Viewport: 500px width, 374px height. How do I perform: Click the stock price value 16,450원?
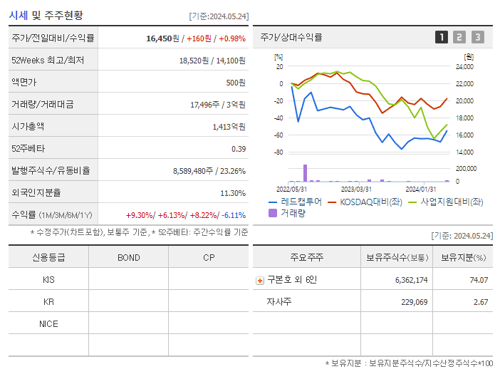click(x=157, y=38)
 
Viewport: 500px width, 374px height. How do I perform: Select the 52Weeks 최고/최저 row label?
click(x=48, y=61)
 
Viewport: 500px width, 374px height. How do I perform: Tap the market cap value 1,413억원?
click(x=229, y=127)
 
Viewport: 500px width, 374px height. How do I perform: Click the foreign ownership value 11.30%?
click(x=233, y=193)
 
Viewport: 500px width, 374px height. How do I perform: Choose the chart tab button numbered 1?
click(x=442, y=37)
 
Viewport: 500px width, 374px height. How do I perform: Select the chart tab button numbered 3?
click(x=477, y=37)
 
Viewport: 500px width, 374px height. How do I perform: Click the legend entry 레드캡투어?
click(x=295, y=202)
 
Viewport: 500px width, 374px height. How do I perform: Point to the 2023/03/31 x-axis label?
click(x=356, y=189)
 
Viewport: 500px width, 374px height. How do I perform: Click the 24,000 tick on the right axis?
click(x=464, y=67)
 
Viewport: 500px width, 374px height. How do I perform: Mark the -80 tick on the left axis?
click(x=279, y=152)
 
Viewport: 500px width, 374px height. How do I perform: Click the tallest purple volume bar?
click(x=306, y=173)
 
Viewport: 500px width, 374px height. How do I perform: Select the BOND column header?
click(x=128, y=257)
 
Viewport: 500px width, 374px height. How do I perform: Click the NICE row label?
click(x=48, y=323)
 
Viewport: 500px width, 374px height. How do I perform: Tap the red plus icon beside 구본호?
click(x=260, y=281)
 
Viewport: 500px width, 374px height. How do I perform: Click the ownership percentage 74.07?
click(x=479, y=280)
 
